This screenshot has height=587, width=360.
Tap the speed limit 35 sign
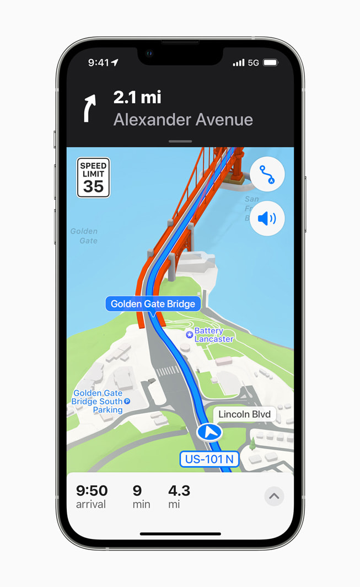93,178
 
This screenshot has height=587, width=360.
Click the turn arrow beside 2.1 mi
89,108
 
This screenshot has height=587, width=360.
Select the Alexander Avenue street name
183,120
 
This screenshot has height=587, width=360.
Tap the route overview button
267,175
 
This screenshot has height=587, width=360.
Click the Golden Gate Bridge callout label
153,304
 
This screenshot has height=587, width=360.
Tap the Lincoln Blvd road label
244,414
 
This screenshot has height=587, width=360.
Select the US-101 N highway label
209,459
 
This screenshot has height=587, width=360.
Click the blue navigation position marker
209,432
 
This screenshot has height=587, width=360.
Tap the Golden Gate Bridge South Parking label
98,402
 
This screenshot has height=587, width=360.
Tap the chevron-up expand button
274,496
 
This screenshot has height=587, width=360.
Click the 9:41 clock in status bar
99,63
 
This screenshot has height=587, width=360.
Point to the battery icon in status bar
271,63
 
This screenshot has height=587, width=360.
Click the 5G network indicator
253,63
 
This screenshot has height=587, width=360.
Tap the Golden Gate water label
84,236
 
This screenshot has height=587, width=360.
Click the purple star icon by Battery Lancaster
190,334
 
